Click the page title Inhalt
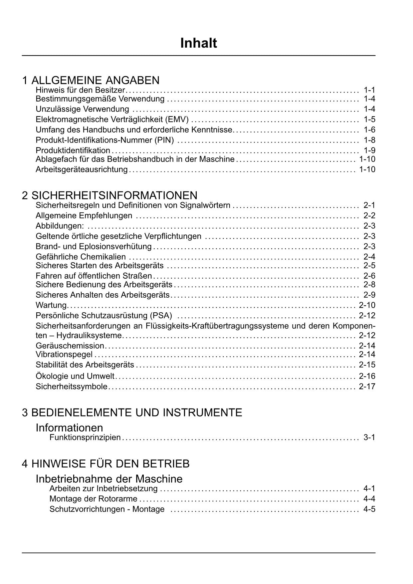tap(198, 43)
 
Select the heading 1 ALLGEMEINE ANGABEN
tap(91, 80)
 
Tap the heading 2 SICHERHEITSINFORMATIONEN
tap(109, 195)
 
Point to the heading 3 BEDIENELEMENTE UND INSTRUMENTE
tap(132, 413)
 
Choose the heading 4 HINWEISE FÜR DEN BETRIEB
tap(105, 463)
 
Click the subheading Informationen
tap(69, 428)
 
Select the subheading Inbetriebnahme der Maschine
tap(109, 479)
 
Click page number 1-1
tap(369, 90)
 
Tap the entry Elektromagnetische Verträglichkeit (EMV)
tap(112, 119)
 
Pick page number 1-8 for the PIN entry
tap(369, 140)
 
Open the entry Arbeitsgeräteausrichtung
tap(82, 169)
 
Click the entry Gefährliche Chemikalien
tap(81, 257)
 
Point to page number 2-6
tap(369, 276)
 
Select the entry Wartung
tap(51, 305)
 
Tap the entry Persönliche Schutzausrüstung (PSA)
tap(103, 315)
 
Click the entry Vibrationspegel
tap(64, 355)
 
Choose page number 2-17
tap(367, 387)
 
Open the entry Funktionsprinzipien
tap(85, 437)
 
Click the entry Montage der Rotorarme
tap(93, 499)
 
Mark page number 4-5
tap(369, 509)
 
